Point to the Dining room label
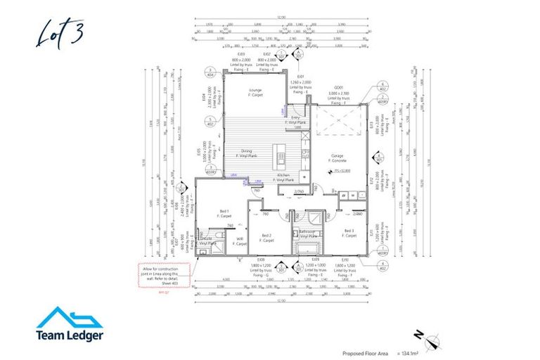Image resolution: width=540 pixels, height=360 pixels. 247,153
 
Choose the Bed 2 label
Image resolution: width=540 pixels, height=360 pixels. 266,238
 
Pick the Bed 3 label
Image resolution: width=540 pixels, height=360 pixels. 349,233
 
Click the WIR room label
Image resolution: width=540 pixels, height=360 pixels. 240,239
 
